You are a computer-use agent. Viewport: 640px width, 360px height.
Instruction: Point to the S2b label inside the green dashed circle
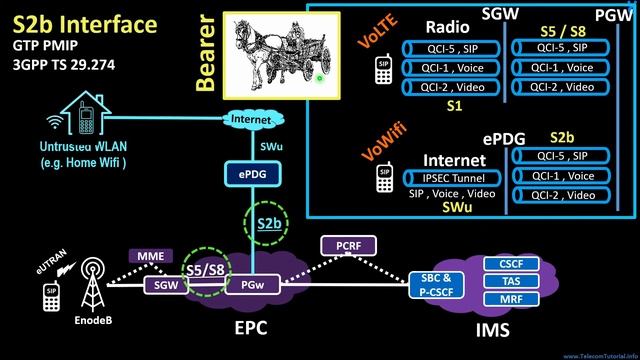tap(268, 223)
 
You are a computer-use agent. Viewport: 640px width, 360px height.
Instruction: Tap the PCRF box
tap(345, 245)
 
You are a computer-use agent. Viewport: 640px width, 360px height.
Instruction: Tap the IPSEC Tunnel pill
tap(453, 177)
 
